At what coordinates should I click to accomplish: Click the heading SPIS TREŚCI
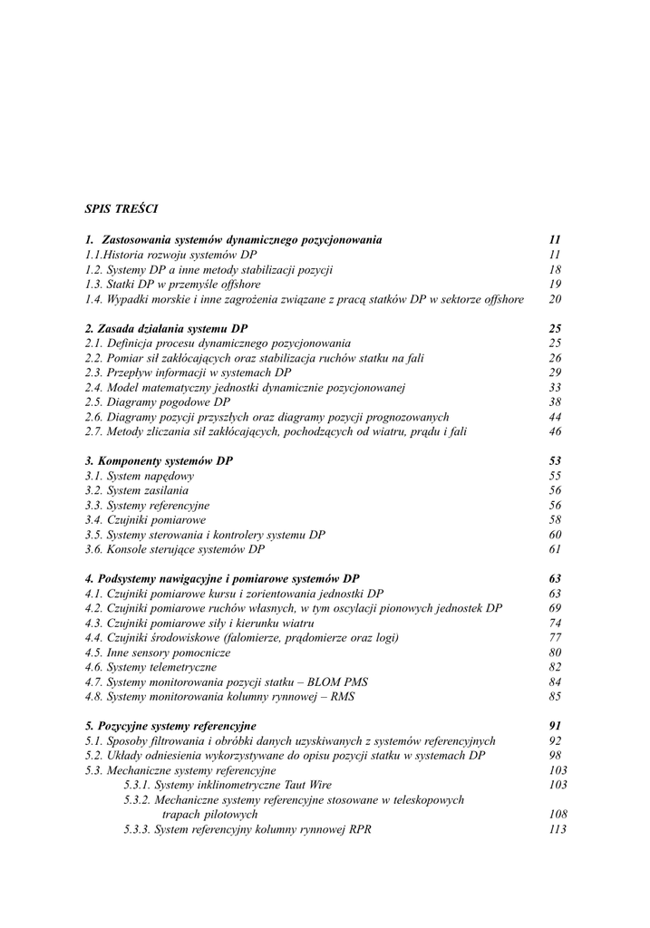point(121,208)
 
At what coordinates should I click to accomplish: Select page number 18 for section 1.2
point(556,269)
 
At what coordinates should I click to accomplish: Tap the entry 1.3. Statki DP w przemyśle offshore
point(172,284)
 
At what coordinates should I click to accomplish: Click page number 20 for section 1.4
point(556,299)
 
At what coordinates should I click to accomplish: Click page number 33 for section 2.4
point(556,387)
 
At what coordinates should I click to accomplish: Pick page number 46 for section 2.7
point(556,431)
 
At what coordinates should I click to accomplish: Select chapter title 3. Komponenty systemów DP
point(159,460)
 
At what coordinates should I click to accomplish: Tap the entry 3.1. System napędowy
point(139,476)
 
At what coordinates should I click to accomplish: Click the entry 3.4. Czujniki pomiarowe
point(145,520)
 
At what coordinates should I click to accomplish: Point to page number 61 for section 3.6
point(556,549)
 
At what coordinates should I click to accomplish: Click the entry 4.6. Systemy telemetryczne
point(150,667)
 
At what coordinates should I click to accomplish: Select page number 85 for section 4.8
point(556,697)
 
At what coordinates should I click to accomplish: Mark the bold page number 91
point(556,726)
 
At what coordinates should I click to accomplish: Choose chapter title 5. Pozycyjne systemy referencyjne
point(170,726)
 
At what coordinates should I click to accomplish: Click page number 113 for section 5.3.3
point(558,829)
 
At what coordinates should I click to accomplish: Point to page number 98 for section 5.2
point(556,755)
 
